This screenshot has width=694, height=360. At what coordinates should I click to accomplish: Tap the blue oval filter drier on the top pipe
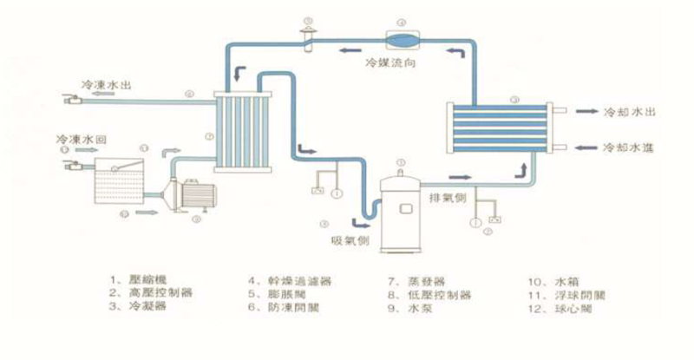[x=402, y=39]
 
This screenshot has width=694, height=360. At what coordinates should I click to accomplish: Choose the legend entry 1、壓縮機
[x=138, y=281]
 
